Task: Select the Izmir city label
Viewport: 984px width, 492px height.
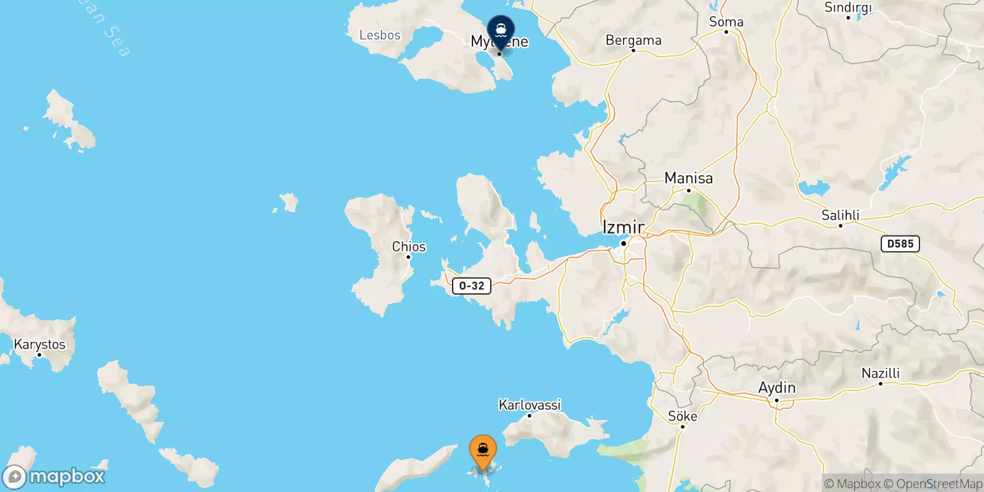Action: [623, 227]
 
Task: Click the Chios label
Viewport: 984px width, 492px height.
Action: [409, 247]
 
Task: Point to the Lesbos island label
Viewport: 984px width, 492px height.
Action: [379, 35]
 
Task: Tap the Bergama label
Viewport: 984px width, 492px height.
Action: [633, 41]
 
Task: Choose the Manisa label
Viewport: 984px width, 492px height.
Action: [688, 178]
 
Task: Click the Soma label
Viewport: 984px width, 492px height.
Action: [726, 22]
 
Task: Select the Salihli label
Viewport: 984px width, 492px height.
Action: [840, 215]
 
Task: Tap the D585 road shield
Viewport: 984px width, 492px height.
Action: [900, 244]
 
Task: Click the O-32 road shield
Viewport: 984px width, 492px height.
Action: [472, 285]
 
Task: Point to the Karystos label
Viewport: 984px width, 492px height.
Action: [39, 344]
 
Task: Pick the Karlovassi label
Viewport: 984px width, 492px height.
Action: [530, 405]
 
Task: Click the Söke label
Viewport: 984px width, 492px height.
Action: [682, 416]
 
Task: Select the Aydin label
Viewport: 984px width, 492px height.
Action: [777, 388]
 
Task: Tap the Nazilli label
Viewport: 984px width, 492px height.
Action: [880, 373]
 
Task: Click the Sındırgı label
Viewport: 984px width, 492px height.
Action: [847, 7]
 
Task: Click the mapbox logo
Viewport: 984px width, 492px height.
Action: [54, 477]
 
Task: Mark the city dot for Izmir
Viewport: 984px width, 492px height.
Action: [623, 244]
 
